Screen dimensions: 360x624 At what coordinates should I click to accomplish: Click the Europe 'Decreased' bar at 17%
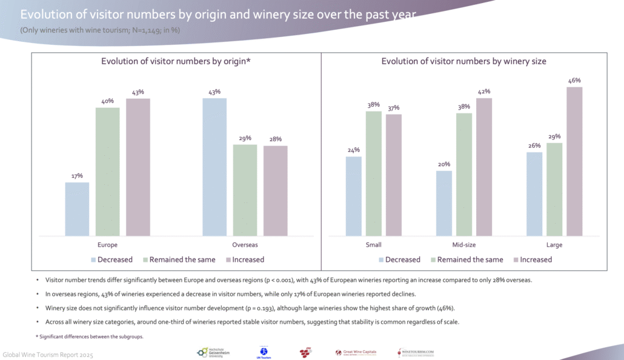(x=77, y=208)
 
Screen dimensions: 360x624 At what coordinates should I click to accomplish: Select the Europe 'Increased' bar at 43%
(x=138, y=167)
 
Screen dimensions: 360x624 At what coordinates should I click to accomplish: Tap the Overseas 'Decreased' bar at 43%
(x=214, y=167)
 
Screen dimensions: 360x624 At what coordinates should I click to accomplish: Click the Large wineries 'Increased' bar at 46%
(x=574, y=161)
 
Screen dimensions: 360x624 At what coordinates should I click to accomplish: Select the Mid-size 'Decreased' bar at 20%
(x=444, y=203)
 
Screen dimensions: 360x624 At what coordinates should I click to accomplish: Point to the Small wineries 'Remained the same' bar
(x=373, y=173)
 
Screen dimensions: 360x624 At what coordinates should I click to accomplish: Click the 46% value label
(x=574, y=81)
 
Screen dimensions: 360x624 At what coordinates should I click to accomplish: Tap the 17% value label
(x=77, y=176)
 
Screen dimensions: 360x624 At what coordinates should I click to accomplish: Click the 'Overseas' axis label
(x=245, y=245)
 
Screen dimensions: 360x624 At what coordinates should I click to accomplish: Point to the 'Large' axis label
(x=554, y=245)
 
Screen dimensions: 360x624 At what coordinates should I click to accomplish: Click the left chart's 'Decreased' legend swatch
(x=93, y=260)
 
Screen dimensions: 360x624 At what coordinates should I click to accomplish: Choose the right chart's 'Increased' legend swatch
(x=516, y=260)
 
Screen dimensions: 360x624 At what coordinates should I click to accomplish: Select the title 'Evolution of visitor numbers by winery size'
(x=463, y=61)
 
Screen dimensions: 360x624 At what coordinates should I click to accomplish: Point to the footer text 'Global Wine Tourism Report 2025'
(x=48, y=353)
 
